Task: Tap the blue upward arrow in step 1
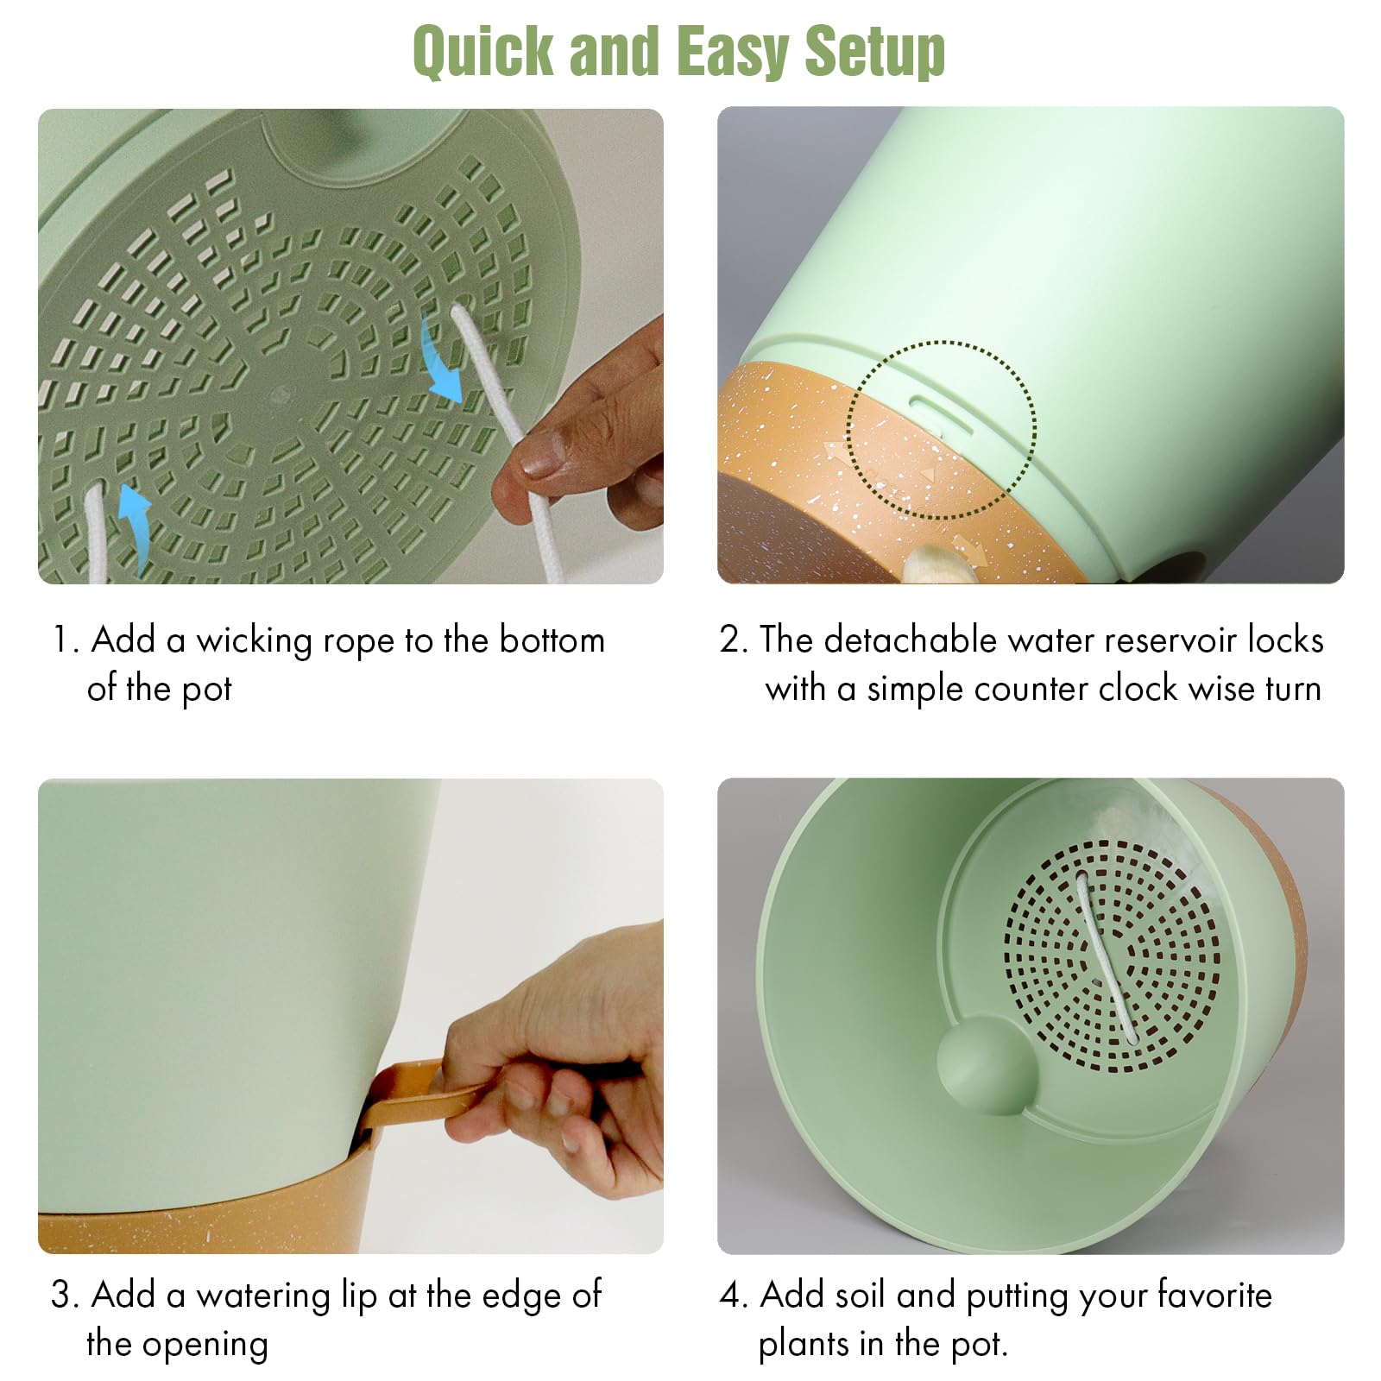pos(132,527)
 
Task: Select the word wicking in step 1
pos(253,641)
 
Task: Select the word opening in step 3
pos(205,1345)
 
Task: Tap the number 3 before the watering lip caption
pos(61,1296)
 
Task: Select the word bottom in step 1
pos(552,640)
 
